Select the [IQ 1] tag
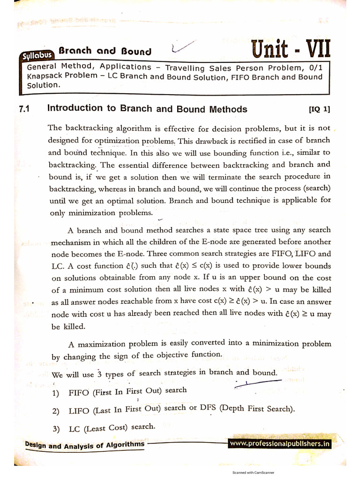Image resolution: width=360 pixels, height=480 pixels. click(x=320, y=110)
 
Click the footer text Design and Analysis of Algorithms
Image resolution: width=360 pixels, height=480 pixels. click(x=84, y=444)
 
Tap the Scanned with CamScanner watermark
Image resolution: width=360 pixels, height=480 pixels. click(x=253, y=473)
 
